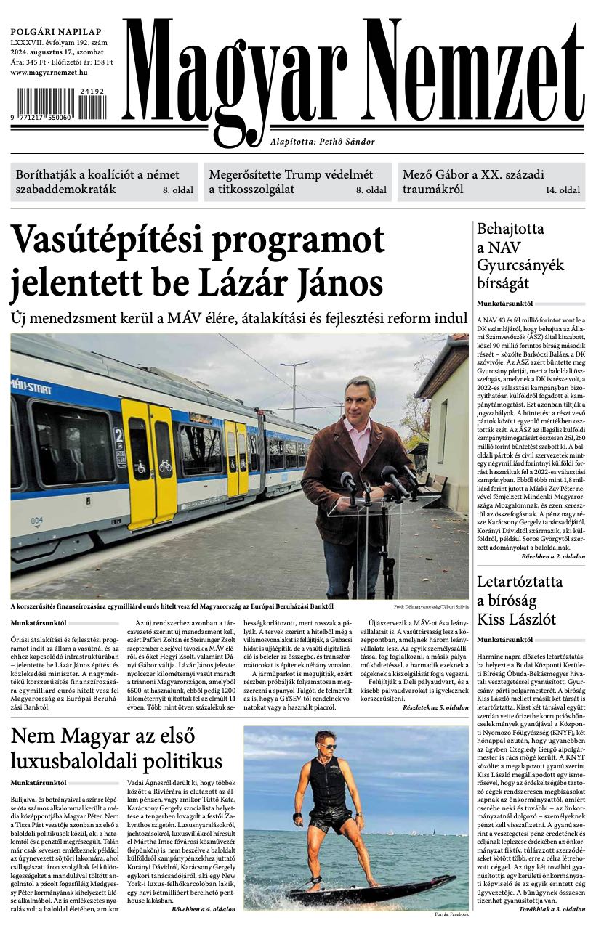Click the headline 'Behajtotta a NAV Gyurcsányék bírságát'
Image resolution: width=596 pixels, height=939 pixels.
coord(520,256)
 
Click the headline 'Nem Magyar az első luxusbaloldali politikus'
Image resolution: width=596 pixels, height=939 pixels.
coord(116,748)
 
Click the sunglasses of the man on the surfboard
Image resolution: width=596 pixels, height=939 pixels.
coord(327,745)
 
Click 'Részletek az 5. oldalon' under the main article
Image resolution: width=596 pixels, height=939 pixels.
coord(436,707)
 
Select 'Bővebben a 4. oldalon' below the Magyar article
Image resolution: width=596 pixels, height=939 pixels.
coord(204,909)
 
